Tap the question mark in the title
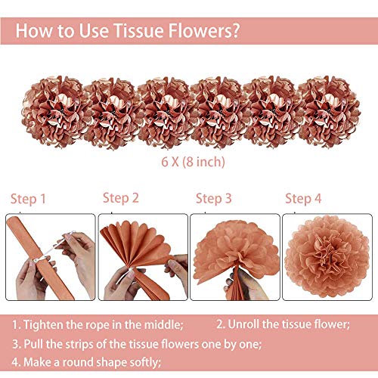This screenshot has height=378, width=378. tap(234, 30)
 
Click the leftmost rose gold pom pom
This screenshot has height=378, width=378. tap(54, 112)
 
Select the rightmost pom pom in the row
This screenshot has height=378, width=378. tap(329, 112)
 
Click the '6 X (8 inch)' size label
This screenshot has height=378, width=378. tap(193, 162)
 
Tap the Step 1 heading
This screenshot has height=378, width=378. tap(28, 199)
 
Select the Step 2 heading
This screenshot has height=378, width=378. tap(121, 198)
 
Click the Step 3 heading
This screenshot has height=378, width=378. tap(213, 199)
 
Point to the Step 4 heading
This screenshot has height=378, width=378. tap(303, 199)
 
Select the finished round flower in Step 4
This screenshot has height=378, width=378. tap(327, 256)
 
